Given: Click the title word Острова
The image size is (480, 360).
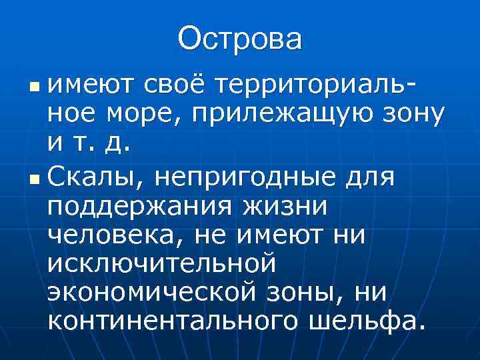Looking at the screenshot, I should click(x=240, y=38).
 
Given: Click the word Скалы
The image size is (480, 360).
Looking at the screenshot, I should click(x=99, y=178).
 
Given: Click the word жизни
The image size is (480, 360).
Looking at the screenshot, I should click(x=281, y=207).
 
